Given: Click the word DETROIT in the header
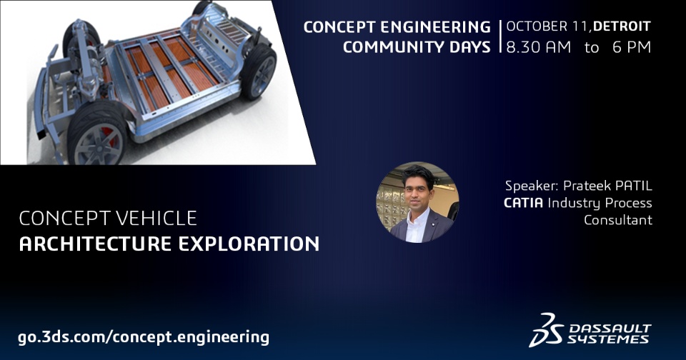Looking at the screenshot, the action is pos(622,26).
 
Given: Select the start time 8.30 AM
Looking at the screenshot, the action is pos(539,47).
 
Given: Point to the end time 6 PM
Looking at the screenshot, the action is pos(632,47).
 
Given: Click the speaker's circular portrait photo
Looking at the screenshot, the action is pos(417,203).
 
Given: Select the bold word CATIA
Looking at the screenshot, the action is pos(523,203).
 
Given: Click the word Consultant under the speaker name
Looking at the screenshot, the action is pos(617,219).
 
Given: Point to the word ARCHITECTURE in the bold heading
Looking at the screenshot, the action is pos(95,244).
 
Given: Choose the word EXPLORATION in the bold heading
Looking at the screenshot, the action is pos(249,244).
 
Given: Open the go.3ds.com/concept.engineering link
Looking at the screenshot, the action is pos(144,337).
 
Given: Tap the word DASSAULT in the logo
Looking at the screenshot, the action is pos(610,329).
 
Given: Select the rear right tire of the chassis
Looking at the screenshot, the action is pos(259,71).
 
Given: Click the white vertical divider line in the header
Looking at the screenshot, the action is pos(500,36).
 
